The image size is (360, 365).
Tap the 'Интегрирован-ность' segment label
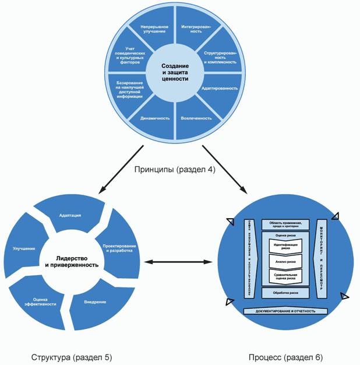click(x=196, y=30)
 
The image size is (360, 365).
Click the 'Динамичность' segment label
click(x=155, y=118)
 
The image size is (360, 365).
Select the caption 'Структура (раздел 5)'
click(x=63, y=356)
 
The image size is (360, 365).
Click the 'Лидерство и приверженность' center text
click(x=72, y=261)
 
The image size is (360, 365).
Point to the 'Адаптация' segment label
click(x=70, y=216)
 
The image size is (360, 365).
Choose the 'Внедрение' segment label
click(x=95, y=301)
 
